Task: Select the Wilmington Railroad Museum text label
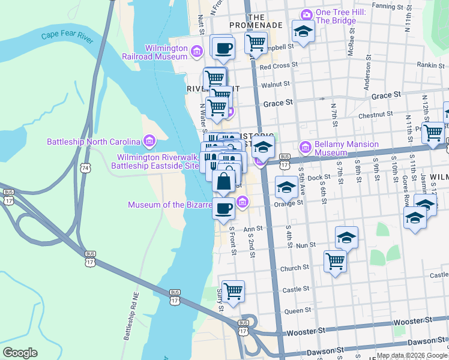165,52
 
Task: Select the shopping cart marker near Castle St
233,291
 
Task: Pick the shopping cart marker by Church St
335,260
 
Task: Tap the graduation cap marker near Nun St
346,238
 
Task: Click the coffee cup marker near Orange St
223,208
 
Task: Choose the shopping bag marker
223,181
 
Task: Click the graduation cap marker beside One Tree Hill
304,31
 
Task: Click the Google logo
20,353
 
